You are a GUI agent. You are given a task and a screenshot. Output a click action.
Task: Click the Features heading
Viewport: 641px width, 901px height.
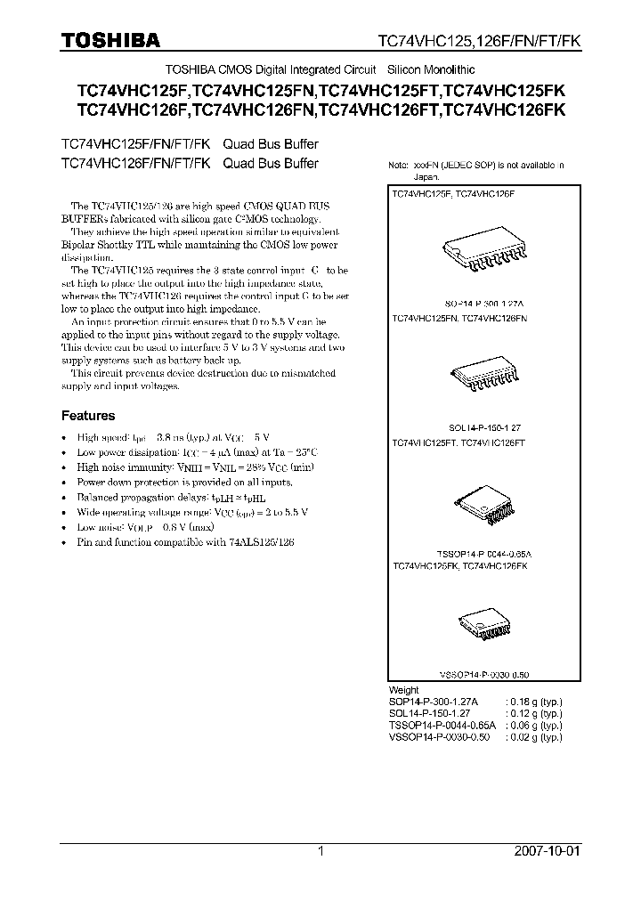point(88,416)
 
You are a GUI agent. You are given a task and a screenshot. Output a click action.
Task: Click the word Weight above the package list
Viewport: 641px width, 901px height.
point(404,690)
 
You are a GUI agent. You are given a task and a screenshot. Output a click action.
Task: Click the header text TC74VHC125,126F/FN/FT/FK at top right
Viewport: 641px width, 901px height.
point(479,41)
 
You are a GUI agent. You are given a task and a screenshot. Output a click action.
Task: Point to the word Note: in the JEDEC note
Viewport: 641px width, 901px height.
point(401,166)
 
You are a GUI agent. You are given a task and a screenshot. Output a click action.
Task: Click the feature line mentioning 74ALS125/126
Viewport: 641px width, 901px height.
point(185,541)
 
